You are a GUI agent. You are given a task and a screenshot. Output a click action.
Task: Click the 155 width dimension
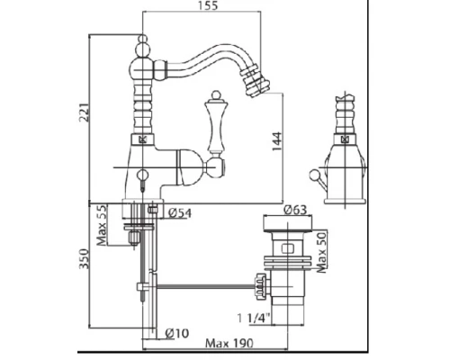coord(208,5)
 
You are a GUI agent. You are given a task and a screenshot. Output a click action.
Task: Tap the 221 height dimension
coord(84,112)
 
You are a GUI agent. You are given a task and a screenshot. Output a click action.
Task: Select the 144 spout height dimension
coord(277,141)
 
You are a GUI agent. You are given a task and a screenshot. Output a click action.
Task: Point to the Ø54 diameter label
coord(180,212)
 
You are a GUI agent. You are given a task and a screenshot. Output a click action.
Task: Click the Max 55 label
coord(102,225)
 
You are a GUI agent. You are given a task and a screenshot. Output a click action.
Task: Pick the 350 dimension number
coord(84,259)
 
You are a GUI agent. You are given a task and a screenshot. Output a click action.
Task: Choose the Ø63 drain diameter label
coord(295,210)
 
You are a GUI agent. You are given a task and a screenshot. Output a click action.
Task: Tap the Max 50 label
coord(321,252)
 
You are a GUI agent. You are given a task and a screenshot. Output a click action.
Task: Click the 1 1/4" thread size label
coord(254,318)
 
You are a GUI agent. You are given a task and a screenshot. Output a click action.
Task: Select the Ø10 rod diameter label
coord(177,333)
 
